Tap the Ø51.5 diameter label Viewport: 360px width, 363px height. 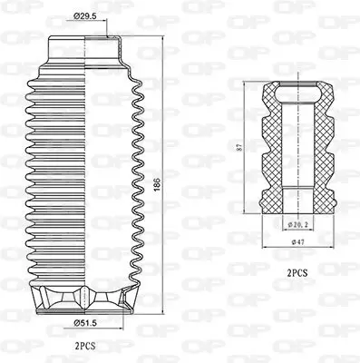click(x=87, y=322)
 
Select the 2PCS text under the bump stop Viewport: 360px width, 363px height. click(x=297, y=270)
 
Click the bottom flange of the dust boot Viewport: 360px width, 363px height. click(x=86, y=296)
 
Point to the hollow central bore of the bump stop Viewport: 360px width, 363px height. click(x=296, y=154)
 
